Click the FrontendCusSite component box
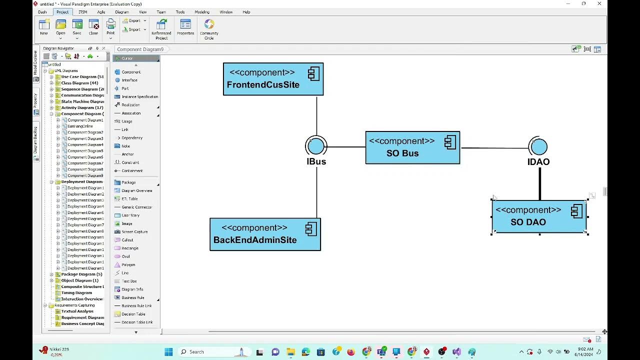[x=273, y=79]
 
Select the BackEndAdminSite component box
[x=265, y=234]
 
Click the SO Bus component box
[x=412, y=147]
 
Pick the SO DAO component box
[x=539, y=216]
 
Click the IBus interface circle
[x=316, y=146]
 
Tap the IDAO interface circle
[x=538, y=146]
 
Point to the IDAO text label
[x=538, y=162]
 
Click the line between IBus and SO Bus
[x=346, y=147]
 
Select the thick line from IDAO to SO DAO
[x=540, y=184]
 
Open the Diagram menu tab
[x=121, y=12]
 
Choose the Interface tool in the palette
[x=129, y=80]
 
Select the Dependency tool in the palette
[x=132, y=138]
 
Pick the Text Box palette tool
[x=129, y=281]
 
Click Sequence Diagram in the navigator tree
[x=79, y=89]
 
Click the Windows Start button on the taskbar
[x=168, y=352]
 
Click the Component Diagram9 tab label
[x=140, y=49]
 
